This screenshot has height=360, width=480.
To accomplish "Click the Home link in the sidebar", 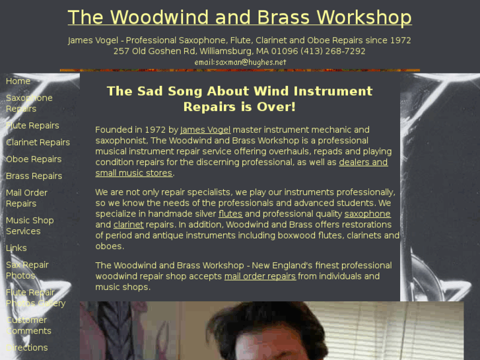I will [x=18, y=81].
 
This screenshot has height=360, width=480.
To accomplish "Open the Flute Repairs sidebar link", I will [x=32, y=126].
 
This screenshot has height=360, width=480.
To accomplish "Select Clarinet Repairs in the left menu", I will [x=38, y=142].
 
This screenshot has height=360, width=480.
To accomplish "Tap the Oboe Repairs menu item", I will [x=34, y=159].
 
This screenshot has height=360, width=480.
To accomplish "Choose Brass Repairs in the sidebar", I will [x=34, y=176].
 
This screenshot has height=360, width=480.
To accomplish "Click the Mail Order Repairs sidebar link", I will [x=26, y=198].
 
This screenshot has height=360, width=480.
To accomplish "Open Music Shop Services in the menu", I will [x=30, y=226].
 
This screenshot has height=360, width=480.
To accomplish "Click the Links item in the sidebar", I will [x=17, y=248].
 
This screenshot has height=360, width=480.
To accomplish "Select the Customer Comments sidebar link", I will [x=28, y=325].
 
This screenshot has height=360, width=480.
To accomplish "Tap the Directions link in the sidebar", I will [x=27, y=347].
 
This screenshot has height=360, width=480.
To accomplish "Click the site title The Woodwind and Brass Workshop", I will [x=239, y=17].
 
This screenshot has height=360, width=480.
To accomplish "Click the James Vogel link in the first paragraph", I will [x=205, y=129].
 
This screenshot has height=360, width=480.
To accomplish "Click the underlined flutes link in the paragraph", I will [x=230, y=214].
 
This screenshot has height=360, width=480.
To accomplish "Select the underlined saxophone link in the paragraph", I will [x=367, y=214].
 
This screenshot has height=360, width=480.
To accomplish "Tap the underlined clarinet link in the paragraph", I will [x=128, y=225].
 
